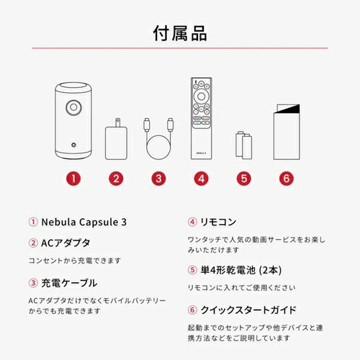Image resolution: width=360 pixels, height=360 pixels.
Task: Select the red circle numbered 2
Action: click(115, 178)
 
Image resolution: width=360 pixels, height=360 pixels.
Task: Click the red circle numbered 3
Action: click(158, 178)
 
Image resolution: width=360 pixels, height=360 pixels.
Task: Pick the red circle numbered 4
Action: click(202, 178)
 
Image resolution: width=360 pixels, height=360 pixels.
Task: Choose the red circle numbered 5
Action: click(245, 178)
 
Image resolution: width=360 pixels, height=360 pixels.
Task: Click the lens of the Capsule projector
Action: click(75, 107)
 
